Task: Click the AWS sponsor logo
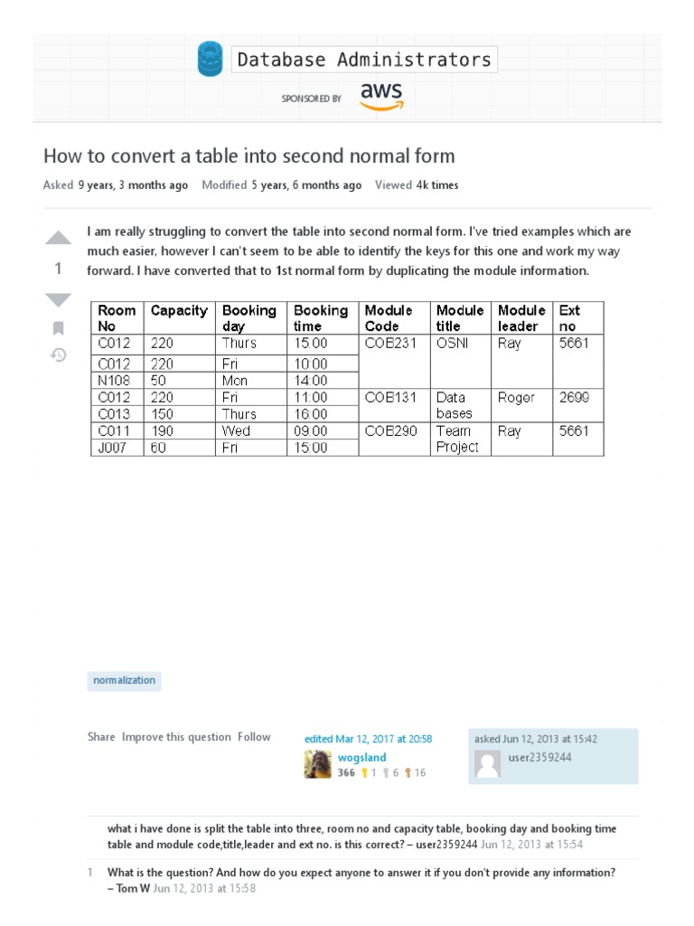coord(381,96)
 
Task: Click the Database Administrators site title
coord(364,61)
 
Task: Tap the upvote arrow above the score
coord(58,239)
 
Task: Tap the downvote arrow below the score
coord(58,299)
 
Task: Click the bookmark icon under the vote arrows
coord(58,327)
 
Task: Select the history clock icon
coord(58,354)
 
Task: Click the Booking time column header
coord(322,318)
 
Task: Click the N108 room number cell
coord(115,381)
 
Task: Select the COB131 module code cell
coord(390,398)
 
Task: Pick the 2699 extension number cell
coord(575,398)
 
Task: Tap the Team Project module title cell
coord(458,439)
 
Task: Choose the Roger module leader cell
coord(517,398)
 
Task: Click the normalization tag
coord(125,680)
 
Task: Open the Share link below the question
coord(101,737)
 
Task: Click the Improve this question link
coord(176,737)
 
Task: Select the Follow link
coord(254,737)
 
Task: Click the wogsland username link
coord(361,758)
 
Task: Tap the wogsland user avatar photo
coord(317,765)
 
